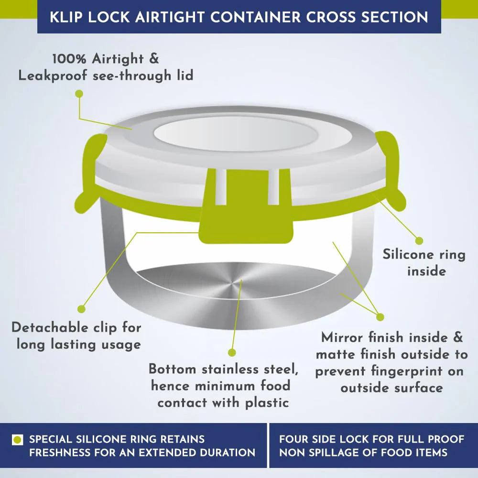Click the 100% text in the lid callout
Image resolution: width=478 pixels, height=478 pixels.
point(69,58)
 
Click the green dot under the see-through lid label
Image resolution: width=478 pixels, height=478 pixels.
point(79,94)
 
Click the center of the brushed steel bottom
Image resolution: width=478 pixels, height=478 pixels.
point(233,285)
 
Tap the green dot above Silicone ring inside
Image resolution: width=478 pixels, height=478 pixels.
point(420,241)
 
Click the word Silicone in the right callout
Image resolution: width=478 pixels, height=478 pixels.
point(409,254)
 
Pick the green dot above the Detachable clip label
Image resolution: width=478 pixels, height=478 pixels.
point(81,309)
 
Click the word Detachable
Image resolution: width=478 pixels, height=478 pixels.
point(50,328)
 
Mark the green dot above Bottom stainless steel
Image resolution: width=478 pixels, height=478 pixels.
point(232,353)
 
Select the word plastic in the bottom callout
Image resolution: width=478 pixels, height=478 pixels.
point(267,403)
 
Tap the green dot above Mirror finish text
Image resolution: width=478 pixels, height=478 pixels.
point(380,317)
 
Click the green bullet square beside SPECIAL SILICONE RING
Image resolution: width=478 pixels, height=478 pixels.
point(17,440)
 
